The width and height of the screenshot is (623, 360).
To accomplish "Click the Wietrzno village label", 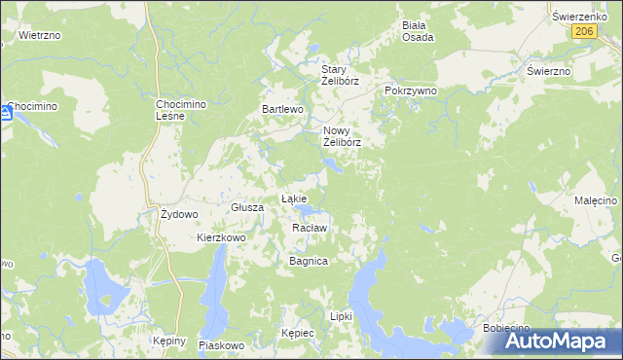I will [40, 35].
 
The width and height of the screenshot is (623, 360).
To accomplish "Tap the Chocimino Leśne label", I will [177, 110].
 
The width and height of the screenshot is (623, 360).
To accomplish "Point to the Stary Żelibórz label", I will [341, 75].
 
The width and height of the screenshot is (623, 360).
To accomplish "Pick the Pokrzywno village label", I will [411, 90].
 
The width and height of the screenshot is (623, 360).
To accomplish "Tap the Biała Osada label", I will [418, 31].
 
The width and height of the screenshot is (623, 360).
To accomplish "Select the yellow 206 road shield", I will [583, 31].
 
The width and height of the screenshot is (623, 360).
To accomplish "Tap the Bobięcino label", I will [506, 329].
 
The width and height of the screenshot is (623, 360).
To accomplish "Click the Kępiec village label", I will [298, 333].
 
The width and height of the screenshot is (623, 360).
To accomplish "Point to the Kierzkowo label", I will [221, 237].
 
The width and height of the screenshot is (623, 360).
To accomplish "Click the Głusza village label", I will [248, 207].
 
